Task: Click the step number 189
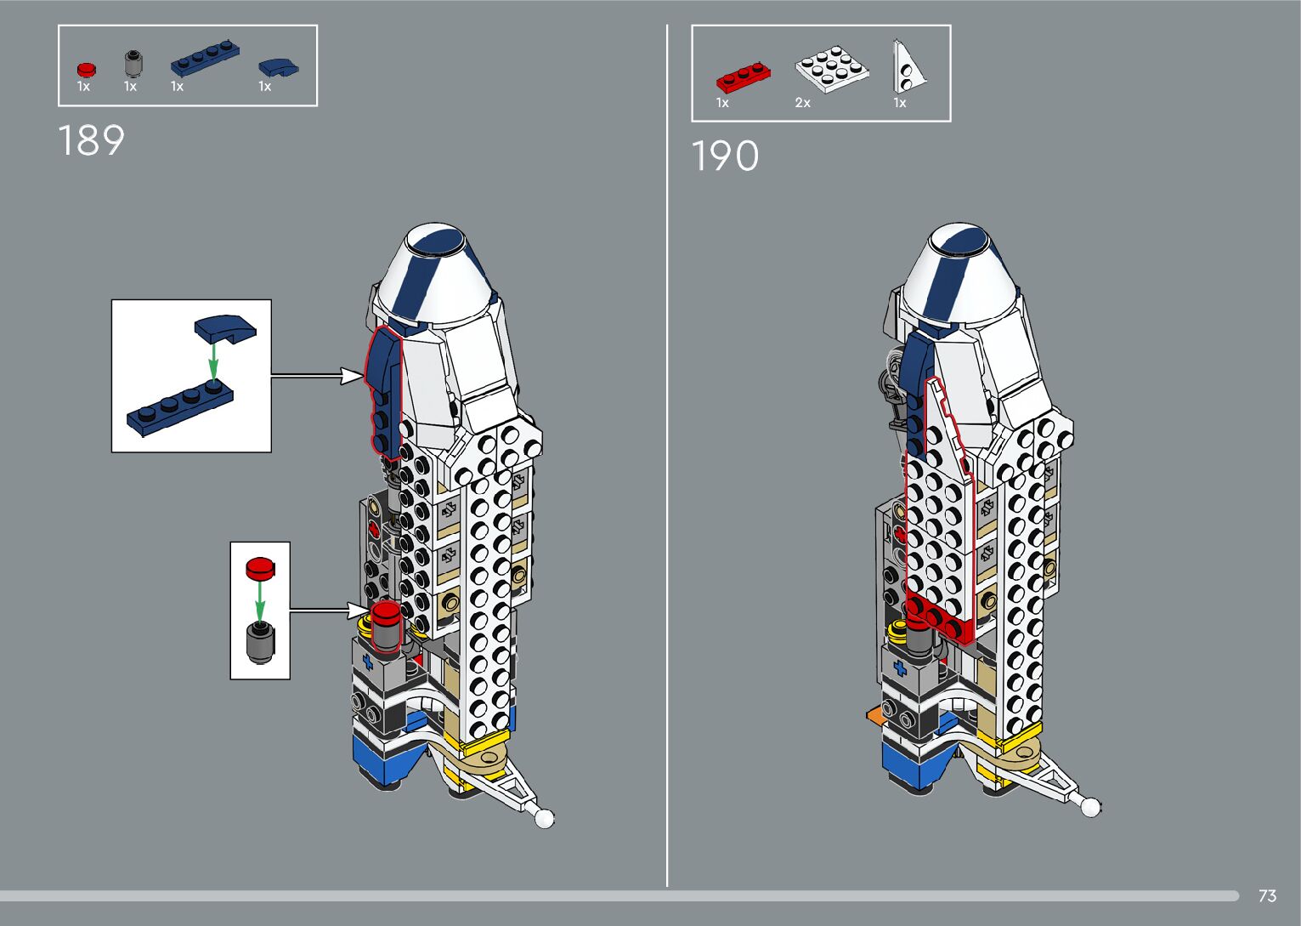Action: [x=92, y=141]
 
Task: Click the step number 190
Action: [x=725, y=157]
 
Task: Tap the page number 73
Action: [x=1267, y=896]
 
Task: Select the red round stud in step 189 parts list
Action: [x=86, y=69]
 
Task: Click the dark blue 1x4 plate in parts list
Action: [x=205, y=58]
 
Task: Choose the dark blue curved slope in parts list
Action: [x=279, y=67]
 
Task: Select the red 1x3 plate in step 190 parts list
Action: [x=744, y=77]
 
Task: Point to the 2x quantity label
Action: [x=802, y=103]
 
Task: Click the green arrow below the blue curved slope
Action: [x=214, y=361]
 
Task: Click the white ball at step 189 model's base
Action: [x=544, y=818]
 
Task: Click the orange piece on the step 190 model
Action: [x=873, y=715]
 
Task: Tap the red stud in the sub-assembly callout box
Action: [x=261, y=567]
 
